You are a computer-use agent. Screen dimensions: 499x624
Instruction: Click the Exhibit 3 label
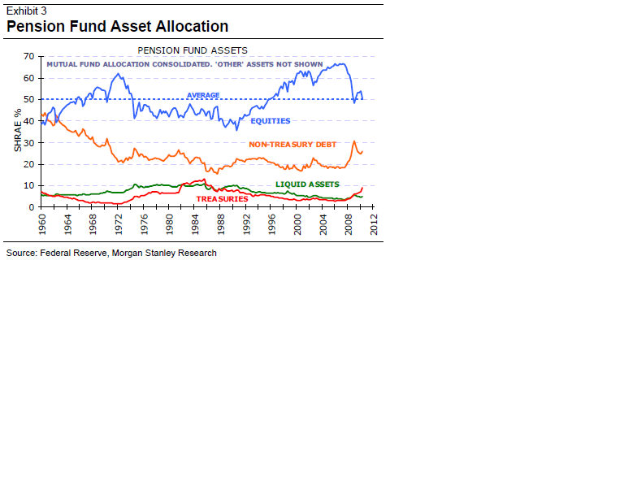pos(26,11)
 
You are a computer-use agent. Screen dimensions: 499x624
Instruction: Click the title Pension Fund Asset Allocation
pos(117,27)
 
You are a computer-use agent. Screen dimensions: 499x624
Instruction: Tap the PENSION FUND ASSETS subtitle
pos(193,50)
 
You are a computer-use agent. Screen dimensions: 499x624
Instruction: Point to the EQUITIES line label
pos(270,121)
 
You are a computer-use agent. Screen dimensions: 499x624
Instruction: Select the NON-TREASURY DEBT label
pos(292,144)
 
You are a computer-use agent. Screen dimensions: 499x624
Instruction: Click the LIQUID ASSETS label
pos(307,184)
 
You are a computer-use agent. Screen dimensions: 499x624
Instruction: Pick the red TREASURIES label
pos(222,199)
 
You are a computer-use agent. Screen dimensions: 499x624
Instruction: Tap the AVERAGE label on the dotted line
pos(203,95)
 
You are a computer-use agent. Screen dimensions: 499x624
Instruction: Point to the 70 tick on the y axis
pos(29,57)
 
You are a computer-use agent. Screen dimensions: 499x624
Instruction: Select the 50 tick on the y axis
pos(29,99)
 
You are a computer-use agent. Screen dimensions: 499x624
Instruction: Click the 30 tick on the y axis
pos(29,142)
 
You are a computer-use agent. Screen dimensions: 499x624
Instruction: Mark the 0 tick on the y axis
pos(32,206)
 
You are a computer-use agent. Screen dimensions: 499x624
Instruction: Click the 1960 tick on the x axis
pos(41,223)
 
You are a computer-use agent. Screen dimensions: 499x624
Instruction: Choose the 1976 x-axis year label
pos(143,223)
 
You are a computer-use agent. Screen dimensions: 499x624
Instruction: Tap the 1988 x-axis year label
pos(219,223)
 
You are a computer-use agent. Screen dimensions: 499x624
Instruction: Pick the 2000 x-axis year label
pos(297,223)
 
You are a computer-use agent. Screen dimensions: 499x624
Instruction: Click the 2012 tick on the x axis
pos(373,223)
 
